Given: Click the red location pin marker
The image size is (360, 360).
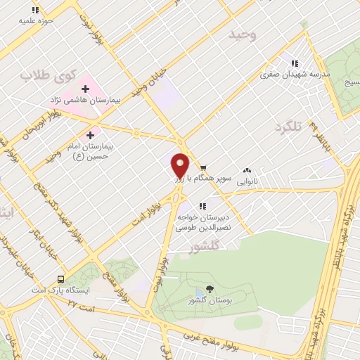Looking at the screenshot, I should point(180,165).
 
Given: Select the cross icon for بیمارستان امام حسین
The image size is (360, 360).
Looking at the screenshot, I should point(90,135).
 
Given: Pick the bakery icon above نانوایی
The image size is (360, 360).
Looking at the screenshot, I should point(247,170).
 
